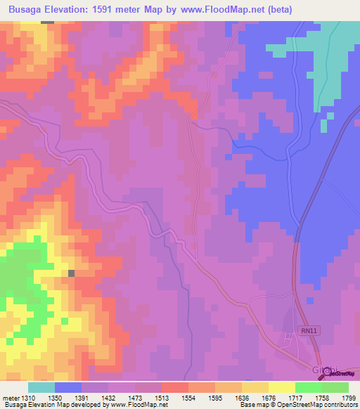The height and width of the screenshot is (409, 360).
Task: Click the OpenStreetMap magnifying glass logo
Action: point(325,372)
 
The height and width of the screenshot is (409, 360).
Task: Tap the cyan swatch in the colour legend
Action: point(41,387)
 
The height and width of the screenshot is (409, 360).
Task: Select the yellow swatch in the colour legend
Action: point(281,387)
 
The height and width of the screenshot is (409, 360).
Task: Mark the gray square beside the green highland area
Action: point(71,273)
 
